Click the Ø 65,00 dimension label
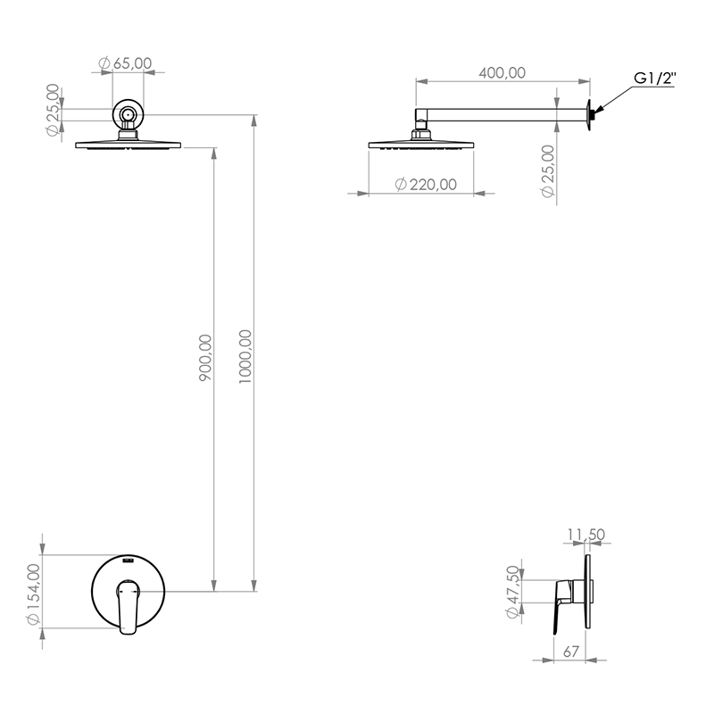(125, 63)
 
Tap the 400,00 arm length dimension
(502, 72)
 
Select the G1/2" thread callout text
(655, 78)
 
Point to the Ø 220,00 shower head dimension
(426, 184)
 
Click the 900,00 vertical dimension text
(205, 358)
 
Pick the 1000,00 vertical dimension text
(245, 357)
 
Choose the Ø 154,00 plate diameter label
(34, 594)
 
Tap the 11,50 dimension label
(586, 535)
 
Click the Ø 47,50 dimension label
(512, 592)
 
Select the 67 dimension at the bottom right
(571, 652)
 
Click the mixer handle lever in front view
(128, 607)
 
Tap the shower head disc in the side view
(421, 145)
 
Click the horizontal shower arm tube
(507, 114)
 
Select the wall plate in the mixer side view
(587, 592)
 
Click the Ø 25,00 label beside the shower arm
(548, 171)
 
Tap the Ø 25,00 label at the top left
(53, 110)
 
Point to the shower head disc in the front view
(128, 145)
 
